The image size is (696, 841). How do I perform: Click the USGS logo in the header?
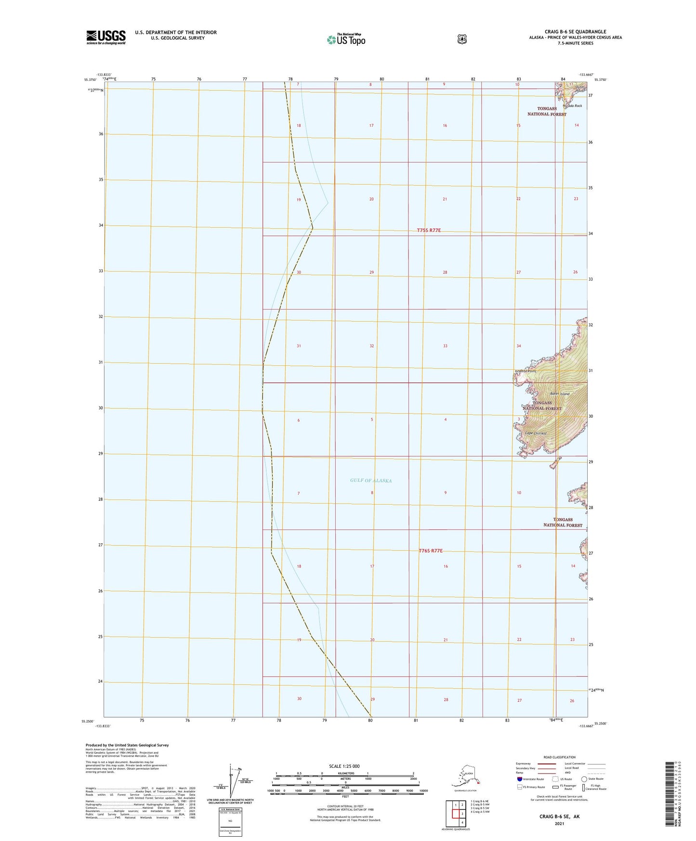106,37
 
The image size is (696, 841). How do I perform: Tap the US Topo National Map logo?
346,39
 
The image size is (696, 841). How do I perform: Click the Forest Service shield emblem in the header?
462,39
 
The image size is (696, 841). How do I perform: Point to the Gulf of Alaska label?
371,480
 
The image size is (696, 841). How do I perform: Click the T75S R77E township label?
429,230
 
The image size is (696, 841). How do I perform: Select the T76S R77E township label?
431,551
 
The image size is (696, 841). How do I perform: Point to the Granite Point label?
525,371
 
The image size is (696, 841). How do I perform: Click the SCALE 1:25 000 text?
344,766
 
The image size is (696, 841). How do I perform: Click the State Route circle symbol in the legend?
584,779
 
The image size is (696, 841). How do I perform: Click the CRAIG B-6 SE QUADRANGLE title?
575,32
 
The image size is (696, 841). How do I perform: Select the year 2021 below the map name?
559,824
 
